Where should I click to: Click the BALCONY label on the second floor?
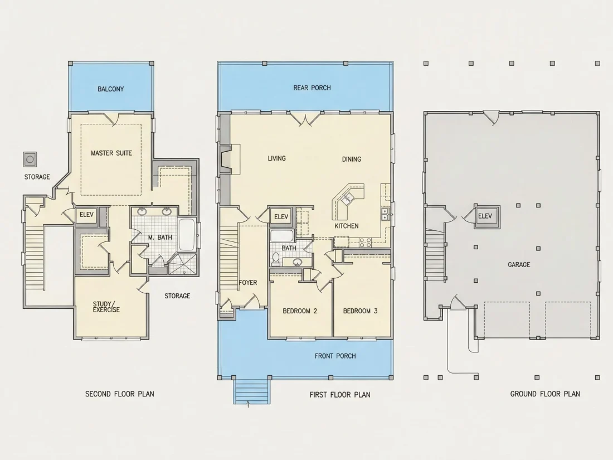click(x=111, y=89)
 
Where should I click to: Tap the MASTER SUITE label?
click(x=111, y=153)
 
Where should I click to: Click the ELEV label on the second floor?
click(x=86, y=215)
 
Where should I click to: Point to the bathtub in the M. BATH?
click(x=187, y=235)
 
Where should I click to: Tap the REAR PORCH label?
click(x=312, y=88)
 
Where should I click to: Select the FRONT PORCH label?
click(x=335, y=356)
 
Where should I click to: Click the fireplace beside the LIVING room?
click(x=230, y=159)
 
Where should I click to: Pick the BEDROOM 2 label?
click(x=300, y=311)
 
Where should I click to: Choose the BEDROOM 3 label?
click(x=360, y=311)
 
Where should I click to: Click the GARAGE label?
click(x=519, y=265)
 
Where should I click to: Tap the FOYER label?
click(x=248, y=283)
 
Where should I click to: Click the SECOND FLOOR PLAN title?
click(x=120, y=394)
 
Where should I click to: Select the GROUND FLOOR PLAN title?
click(x=545, y=394)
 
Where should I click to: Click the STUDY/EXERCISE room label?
click(x=106, y=307)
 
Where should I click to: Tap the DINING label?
click(x=352, y=159)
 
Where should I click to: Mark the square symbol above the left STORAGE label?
click(x=30, y=159)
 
